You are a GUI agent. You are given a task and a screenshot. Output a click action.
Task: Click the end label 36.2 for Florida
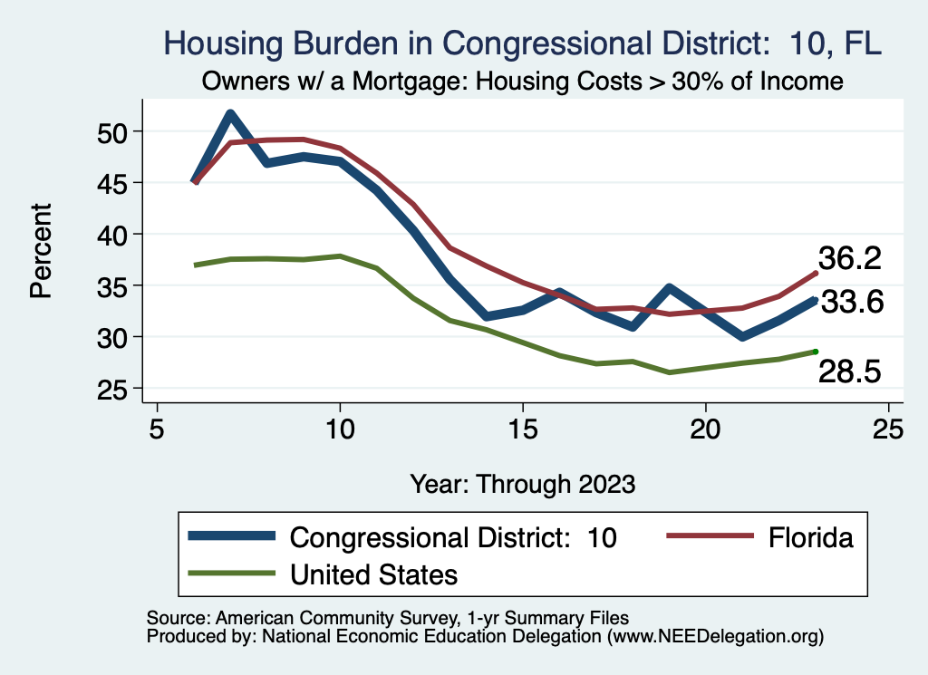click(x=850, y=259)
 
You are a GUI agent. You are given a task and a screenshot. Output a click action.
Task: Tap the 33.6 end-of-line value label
click(x=852, y=303)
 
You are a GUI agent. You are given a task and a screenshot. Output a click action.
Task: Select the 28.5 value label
click(x=850, y=371)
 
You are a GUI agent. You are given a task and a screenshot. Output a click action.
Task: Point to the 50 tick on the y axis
click(x=114, y=132)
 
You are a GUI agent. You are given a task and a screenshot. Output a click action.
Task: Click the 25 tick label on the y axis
click(x=114, y=389)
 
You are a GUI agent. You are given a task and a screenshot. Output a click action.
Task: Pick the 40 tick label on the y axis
click(x=114, y=235)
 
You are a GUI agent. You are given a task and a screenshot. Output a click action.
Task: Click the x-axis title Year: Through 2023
click(x=522, y=483)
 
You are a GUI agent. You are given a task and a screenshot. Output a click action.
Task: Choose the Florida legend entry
click(x=811, y=537)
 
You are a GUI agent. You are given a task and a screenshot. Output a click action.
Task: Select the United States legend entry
click(x=373, y=574)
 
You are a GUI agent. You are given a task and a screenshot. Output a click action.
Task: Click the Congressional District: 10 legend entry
click(x=452, y=537)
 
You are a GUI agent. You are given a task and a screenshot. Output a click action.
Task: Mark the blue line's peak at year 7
click(x=230, y=113)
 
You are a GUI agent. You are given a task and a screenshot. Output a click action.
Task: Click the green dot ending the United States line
click(x=816, y=352)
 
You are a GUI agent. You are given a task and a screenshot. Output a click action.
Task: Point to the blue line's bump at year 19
click(x=669, y=289)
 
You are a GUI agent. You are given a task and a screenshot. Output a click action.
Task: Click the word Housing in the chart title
click(x=220, y=43)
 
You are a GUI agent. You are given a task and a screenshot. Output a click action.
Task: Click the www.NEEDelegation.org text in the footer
click(x=716, y=636)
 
